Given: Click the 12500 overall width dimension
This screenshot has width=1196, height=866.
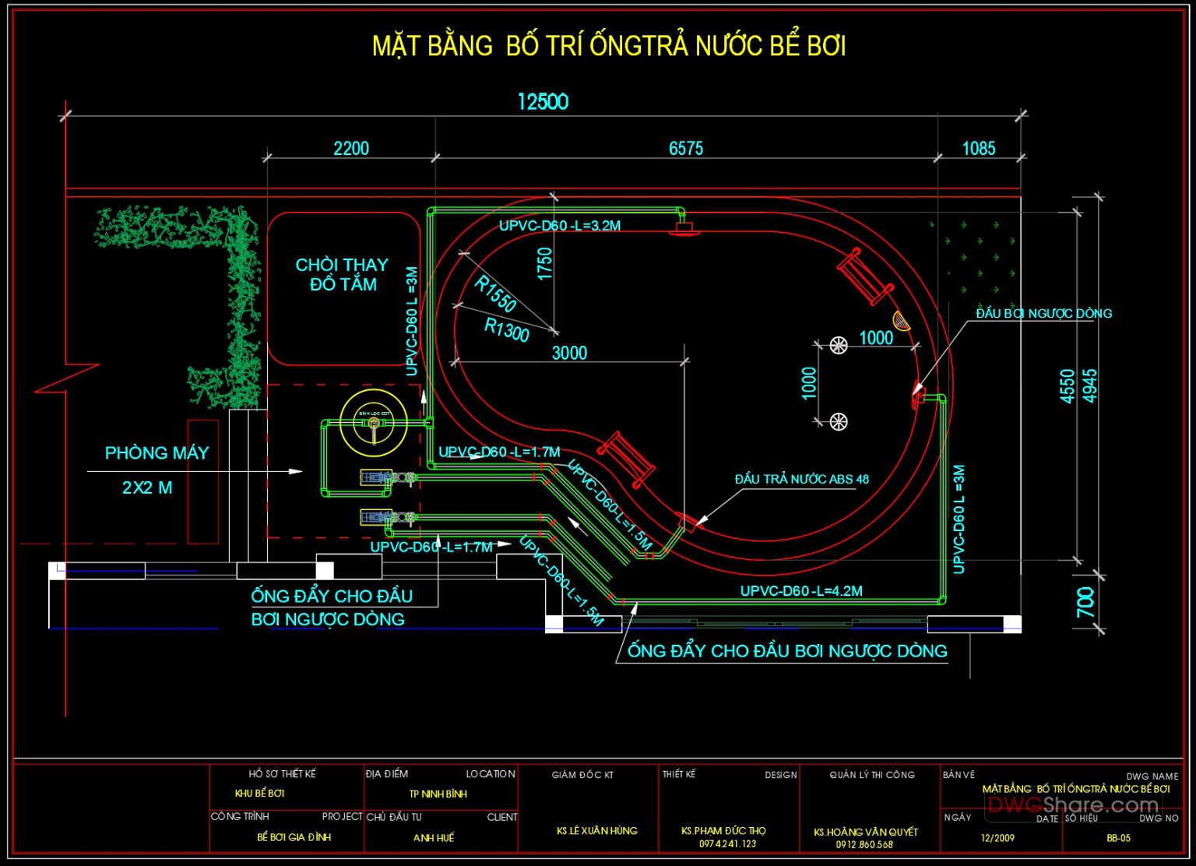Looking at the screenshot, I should (x=543, y=102).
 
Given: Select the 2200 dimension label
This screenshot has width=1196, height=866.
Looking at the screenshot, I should (x=350, y=148).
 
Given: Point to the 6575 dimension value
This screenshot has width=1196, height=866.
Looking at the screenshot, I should (x=685, y=148).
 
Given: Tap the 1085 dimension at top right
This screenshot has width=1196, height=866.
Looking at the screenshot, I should (x=978, y=148).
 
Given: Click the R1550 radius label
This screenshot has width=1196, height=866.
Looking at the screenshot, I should (x=495, y=294).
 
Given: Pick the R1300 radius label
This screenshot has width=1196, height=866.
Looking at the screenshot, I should (x=506, y=329).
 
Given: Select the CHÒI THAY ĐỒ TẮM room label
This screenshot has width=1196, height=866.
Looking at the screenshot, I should (x=342, y=275).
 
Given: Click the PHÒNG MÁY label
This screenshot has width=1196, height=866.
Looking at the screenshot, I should (x=157, y=453).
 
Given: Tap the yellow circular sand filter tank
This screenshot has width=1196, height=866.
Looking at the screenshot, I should (x=374, y=423).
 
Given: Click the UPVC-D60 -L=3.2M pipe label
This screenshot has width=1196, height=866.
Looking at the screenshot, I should (x=559, y=226).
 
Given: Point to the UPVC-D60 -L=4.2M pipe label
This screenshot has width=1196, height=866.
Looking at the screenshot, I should (x=800, y=591).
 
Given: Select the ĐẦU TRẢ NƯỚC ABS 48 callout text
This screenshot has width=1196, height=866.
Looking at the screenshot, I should (x=801, y=479).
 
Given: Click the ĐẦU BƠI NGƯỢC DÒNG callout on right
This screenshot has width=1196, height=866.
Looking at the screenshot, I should (x=1043, y=313).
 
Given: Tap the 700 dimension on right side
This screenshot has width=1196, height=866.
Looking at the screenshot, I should (x=1085, y=601).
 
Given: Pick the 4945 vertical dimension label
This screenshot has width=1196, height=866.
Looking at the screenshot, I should (x=1090, y=385).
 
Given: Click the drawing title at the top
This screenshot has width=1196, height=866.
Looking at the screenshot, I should (x=608, y=46).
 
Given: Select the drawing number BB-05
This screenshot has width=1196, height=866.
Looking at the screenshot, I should (x=1118, y=838).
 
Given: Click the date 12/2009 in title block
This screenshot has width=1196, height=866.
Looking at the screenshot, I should (x=997, y=838).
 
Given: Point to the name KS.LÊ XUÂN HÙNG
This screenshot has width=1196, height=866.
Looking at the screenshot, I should (x=596, y=831).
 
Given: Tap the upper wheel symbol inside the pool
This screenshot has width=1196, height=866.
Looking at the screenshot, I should (x=839, y=345).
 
